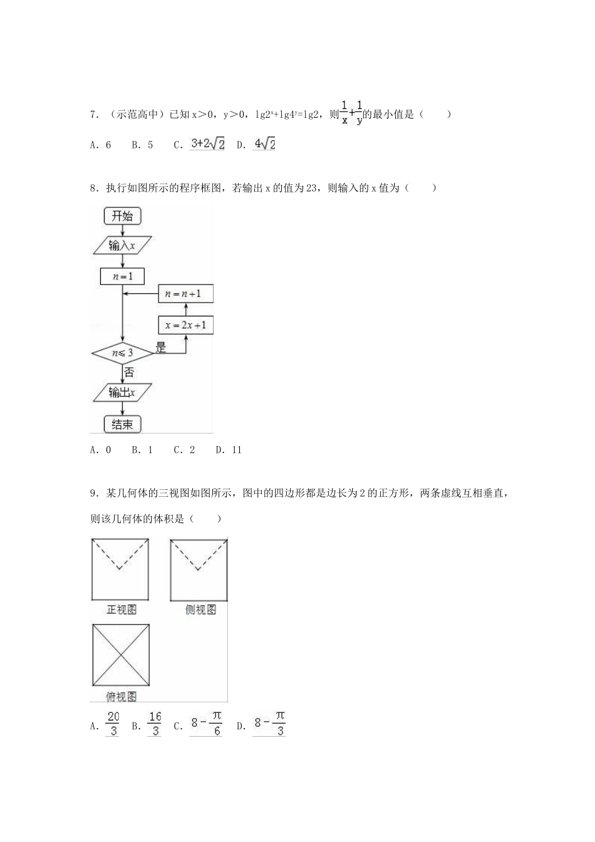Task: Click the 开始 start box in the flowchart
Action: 122,216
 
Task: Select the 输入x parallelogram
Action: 122,246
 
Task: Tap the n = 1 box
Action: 122,276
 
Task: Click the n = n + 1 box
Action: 185,293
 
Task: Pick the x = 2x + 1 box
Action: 185,325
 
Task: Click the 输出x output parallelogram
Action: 122,393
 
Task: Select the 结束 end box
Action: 122,424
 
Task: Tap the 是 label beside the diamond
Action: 161,348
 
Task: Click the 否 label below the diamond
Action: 129,372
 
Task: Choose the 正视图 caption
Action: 121,610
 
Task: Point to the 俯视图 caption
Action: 121,696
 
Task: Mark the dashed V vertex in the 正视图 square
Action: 120,569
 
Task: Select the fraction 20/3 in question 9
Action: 113,724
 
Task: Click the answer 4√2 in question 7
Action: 264,144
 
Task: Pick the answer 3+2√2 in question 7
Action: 207,144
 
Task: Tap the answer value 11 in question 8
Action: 235,450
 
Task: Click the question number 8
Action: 93,187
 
